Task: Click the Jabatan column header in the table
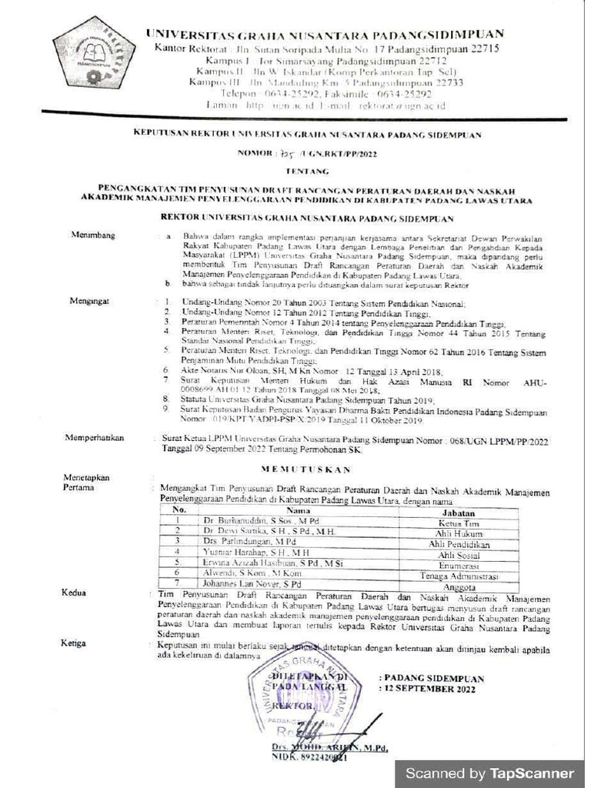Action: click(458, 513)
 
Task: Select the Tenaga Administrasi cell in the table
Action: click(459, 576)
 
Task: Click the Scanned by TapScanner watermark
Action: click(489, 773)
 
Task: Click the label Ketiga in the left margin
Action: click(75, 643)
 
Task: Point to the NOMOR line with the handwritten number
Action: click(301, 153)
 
